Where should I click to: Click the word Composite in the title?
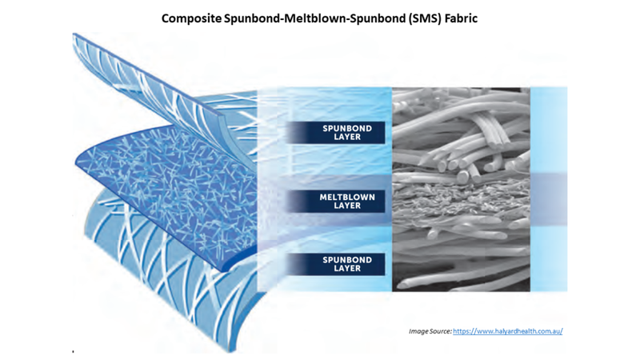tap(191, 18)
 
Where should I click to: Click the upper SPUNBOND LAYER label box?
tap(335, 133)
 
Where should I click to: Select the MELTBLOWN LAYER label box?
tap(335, 202)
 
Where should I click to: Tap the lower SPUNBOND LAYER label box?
tap(335, 264)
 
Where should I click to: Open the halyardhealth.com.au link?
tap(508, 331)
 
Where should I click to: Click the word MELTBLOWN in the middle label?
tap(347, 197)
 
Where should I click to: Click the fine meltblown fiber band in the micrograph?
tap(462, 196)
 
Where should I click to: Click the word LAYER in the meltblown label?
tap(347, 206)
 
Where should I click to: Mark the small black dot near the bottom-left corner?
tap(73, 351)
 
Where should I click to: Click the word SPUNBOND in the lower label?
tap(347, 260)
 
